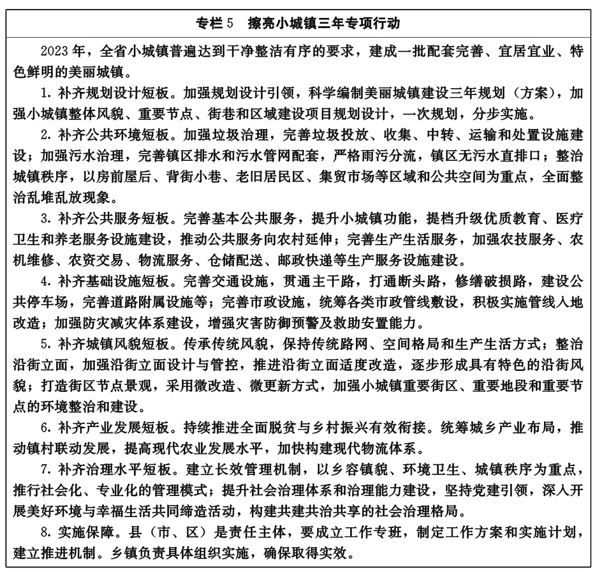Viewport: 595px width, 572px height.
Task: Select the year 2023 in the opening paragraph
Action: [x=54, y=51]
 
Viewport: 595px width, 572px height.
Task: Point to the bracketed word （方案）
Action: [x=531, y=93]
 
